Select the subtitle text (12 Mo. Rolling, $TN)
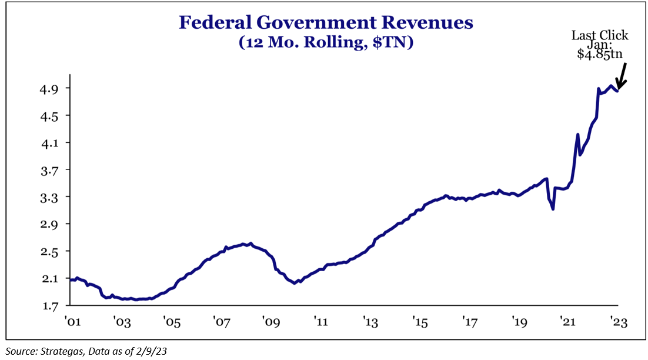coord(326,43)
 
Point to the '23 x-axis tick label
coord(618,322)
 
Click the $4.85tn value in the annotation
coord(600,55)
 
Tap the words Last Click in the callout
coord(600,36)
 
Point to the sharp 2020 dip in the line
coord(553,209)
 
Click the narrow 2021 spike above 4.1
coord(577,135)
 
